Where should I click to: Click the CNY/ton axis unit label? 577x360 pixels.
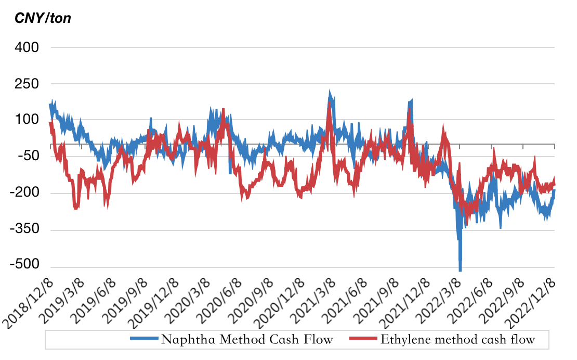point(43,19)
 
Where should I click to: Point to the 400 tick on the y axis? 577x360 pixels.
point(27,47)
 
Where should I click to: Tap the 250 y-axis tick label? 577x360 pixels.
point(27,84)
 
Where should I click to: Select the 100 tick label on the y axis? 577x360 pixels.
point(27,120)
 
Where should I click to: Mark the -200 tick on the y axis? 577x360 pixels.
point(24,194)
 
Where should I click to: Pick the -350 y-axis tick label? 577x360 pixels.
point(24,230)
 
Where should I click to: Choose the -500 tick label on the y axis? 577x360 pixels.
point(24,266)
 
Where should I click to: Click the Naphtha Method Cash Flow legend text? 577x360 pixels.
point(247,340)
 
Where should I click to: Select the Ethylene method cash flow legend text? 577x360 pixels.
point(457,340)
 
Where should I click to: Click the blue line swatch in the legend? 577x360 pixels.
point(143,340)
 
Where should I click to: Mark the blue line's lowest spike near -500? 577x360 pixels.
point(460,268)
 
